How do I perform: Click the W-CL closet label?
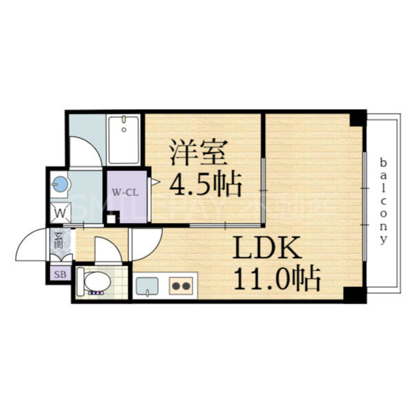pyautogui.click(x=126, y=193)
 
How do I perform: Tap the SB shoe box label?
pyautogui.click(x=59, y=274)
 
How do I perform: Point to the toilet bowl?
pyautogui.click(x=96, y=282)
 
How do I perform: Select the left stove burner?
pyautogui.click(x=176, y=286)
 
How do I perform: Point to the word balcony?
pyautogui.click(x=384, y=200)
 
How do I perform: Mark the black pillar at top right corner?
pyautogui.click(x=357, y=119)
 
